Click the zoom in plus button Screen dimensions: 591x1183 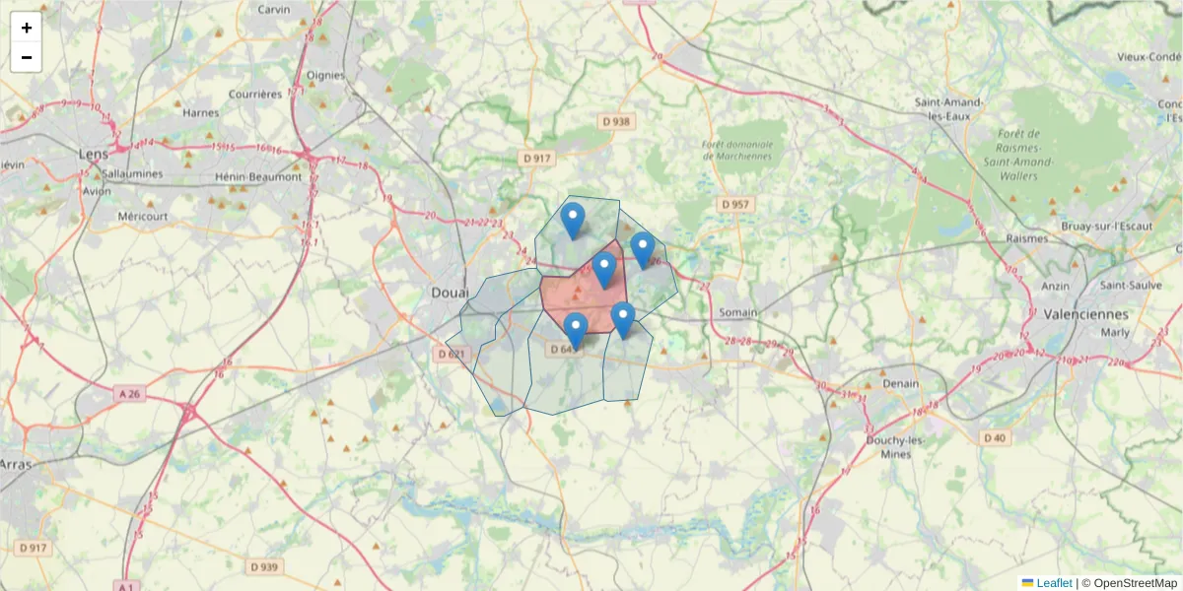click(x=27, y=28)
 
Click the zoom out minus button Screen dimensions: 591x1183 click(x=27, y=57)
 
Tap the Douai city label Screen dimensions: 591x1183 click(x=450, y=293)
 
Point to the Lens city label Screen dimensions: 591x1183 click(x=94, y=154)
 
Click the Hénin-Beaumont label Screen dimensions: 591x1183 click(x=257, y=177)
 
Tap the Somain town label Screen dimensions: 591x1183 click(x=738, y=312)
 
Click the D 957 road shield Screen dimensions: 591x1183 click(x=734, y=204)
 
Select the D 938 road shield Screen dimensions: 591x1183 click(x=616, y=122)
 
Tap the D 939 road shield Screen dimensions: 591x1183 click(x=264, y=566)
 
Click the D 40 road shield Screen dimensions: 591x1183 click(x=994, y=437)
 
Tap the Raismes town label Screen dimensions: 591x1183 click(x=1026, y=238)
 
